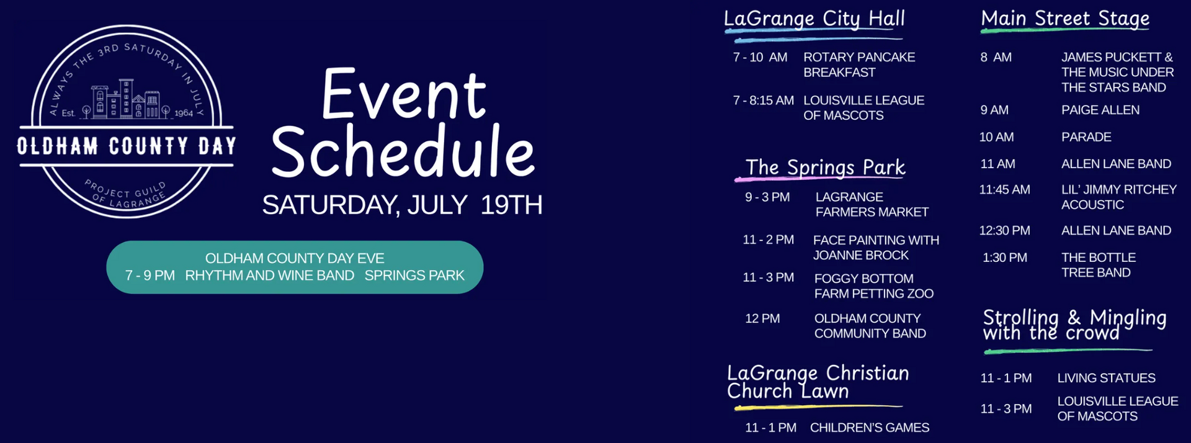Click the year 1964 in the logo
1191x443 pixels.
[184, 113]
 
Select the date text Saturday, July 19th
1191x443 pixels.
[402, 205]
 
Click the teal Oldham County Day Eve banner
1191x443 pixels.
[295, 267]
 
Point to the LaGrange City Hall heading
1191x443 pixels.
[814, 19]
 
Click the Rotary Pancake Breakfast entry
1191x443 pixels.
[859, 65]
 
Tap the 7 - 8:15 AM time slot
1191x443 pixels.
[763, 101]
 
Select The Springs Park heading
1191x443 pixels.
[825, 168]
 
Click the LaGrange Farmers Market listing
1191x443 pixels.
[872, 205]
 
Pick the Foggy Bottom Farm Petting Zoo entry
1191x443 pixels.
[873, 286]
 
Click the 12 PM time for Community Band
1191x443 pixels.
[762, 319]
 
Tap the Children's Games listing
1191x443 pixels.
[870, 427]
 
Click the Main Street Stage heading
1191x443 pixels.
[1065, 19]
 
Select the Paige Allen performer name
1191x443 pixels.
[1100, 110]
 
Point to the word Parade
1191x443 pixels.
[1086, 137]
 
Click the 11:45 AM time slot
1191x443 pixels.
[1004, 190]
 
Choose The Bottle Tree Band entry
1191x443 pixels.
[1099, 265]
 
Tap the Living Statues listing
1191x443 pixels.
[1106, 378]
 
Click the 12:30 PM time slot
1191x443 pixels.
[1004, 231]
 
